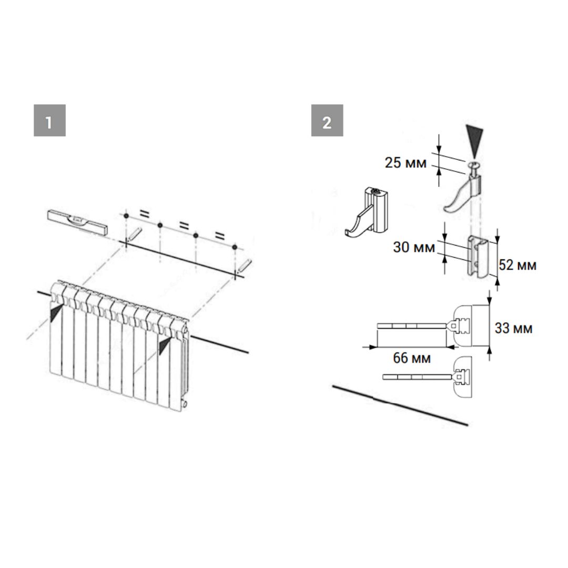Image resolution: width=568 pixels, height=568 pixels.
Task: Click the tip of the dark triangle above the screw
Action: (474, 159)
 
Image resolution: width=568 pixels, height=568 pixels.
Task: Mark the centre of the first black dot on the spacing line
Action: (126, 216)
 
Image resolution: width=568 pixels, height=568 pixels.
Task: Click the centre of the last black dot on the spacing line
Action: (235, 247)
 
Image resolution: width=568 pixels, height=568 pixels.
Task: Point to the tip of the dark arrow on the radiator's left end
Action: (62, 305)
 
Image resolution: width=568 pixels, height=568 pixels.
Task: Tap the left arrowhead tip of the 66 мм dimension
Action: (362, 347)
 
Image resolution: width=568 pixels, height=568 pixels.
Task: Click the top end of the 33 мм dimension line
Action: (490, 290)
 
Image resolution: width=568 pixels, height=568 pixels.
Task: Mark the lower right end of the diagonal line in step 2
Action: (468, 424)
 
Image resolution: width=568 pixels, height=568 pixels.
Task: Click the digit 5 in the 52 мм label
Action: (503, 265)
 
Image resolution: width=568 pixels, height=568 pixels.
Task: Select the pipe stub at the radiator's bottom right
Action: (185, 403)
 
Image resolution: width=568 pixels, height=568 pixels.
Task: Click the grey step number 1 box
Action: (49, 120)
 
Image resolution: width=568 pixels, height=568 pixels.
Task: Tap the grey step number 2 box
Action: (327, 120)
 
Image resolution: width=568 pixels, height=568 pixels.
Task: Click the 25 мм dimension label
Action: (405, 163)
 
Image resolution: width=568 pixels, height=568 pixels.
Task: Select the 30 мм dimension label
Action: (414, 247)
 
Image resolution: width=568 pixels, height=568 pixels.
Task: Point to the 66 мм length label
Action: (412, 358)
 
